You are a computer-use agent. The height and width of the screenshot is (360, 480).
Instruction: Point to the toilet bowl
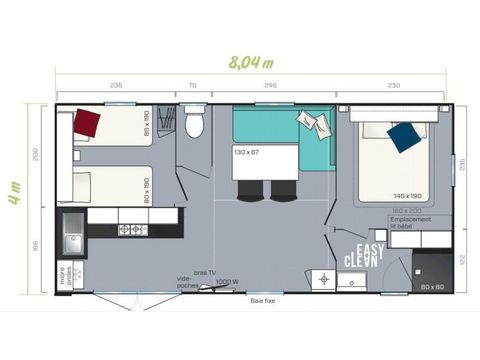tap(195, 124)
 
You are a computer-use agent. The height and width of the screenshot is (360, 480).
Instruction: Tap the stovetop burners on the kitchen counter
tap(133, 230)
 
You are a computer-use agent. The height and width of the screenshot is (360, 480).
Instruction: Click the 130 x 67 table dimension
tap(246, 151)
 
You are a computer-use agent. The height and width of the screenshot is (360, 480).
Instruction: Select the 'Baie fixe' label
tap(263, 298)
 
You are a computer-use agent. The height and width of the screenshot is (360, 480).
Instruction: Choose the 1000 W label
tap(228, 282)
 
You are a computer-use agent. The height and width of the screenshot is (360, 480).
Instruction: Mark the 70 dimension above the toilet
tap(193, 86)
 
